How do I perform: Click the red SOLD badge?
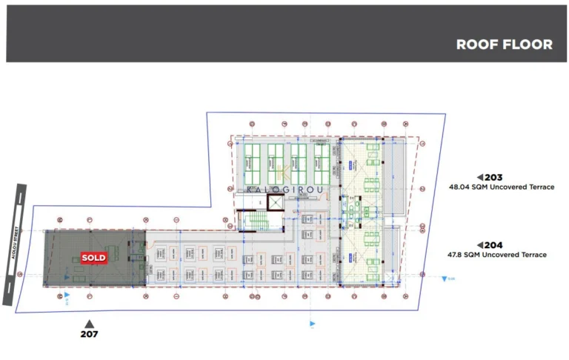click(94, 258)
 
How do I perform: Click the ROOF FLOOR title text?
click(504, 44)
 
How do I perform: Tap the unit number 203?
click(494, 177)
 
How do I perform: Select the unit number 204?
click(494, 245)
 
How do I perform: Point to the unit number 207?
click(89, 334)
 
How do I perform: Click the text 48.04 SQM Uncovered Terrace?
click(502, 187)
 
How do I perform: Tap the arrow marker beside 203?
click(480, 177)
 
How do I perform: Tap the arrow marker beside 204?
click(480, 245)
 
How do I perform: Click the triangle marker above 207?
click(89, 323)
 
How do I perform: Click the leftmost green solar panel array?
click(253, 163)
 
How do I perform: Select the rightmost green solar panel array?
click(322, 163)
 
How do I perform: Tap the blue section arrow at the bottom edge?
click(312, 324)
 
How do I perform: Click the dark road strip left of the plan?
click(10, 244)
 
